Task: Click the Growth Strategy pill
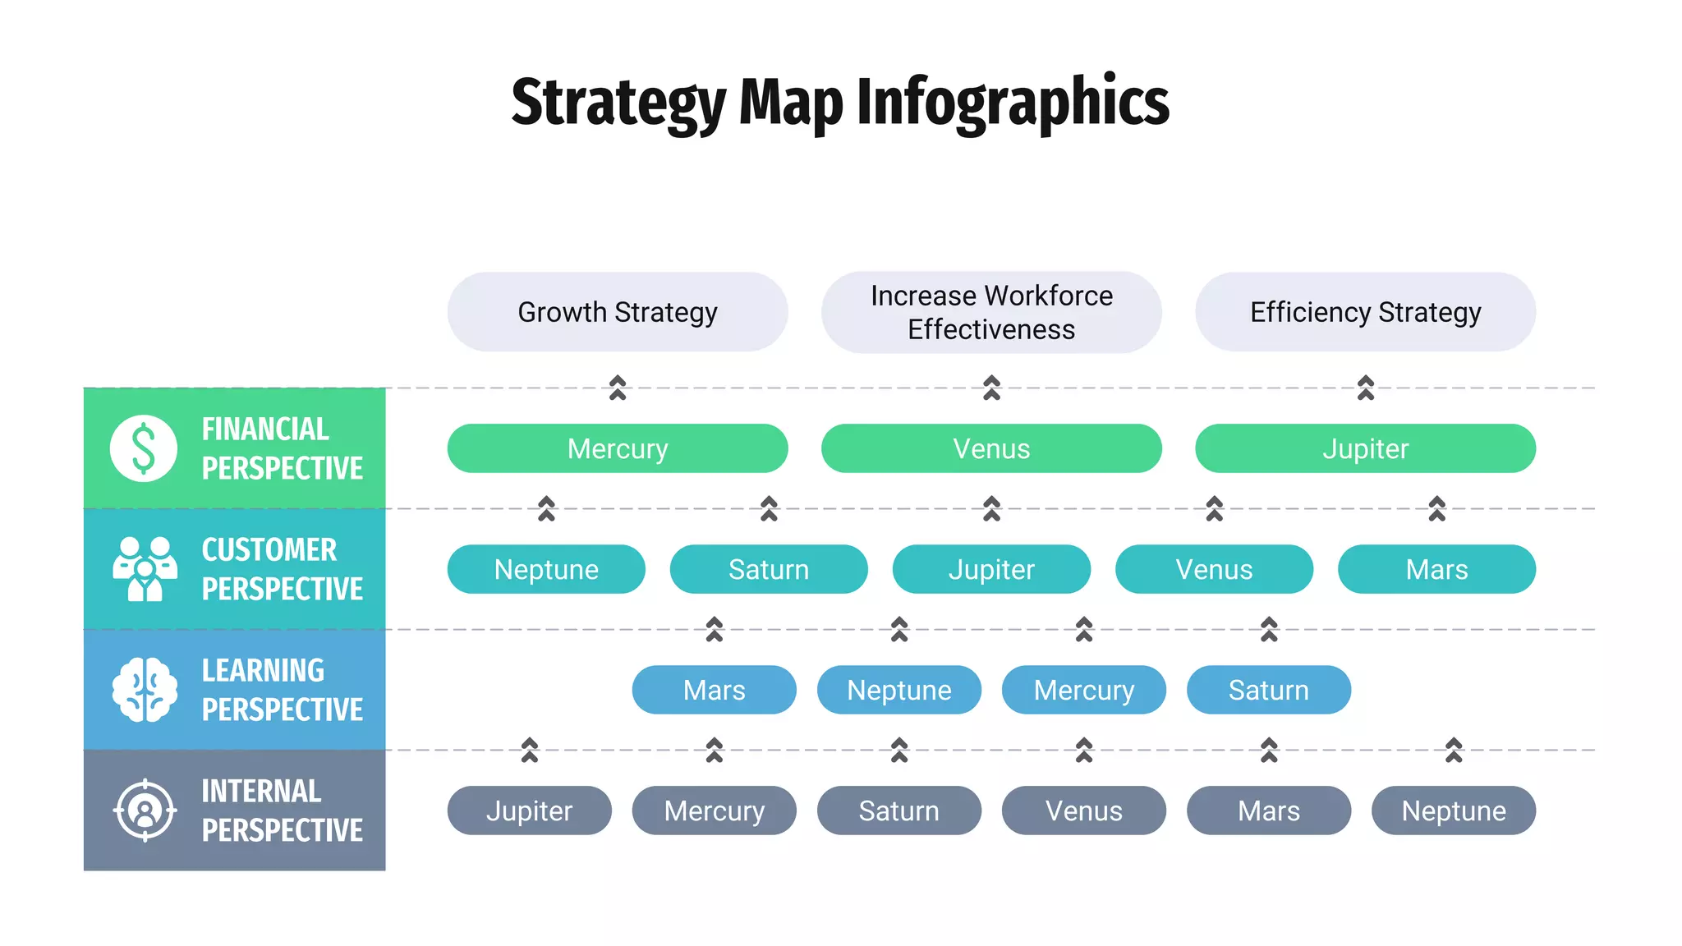618,312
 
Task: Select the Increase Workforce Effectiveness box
991,312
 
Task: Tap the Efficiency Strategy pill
1365,312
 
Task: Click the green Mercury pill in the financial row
618,448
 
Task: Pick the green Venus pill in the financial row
991,448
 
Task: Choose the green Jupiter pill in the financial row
1365,448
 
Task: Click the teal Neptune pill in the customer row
546,569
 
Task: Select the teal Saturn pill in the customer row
769,569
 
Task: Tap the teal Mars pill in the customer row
1436,569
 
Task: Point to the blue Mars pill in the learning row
714,690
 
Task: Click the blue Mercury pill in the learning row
1084,690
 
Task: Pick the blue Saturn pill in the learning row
1269,690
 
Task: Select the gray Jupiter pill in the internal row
529,811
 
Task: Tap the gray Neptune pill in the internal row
1454,811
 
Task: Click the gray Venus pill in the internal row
1084,811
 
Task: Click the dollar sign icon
144,448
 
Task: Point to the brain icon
145,690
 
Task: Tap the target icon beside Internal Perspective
145,811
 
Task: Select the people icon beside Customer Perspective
145,568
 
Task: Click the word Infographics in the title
1013,102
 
